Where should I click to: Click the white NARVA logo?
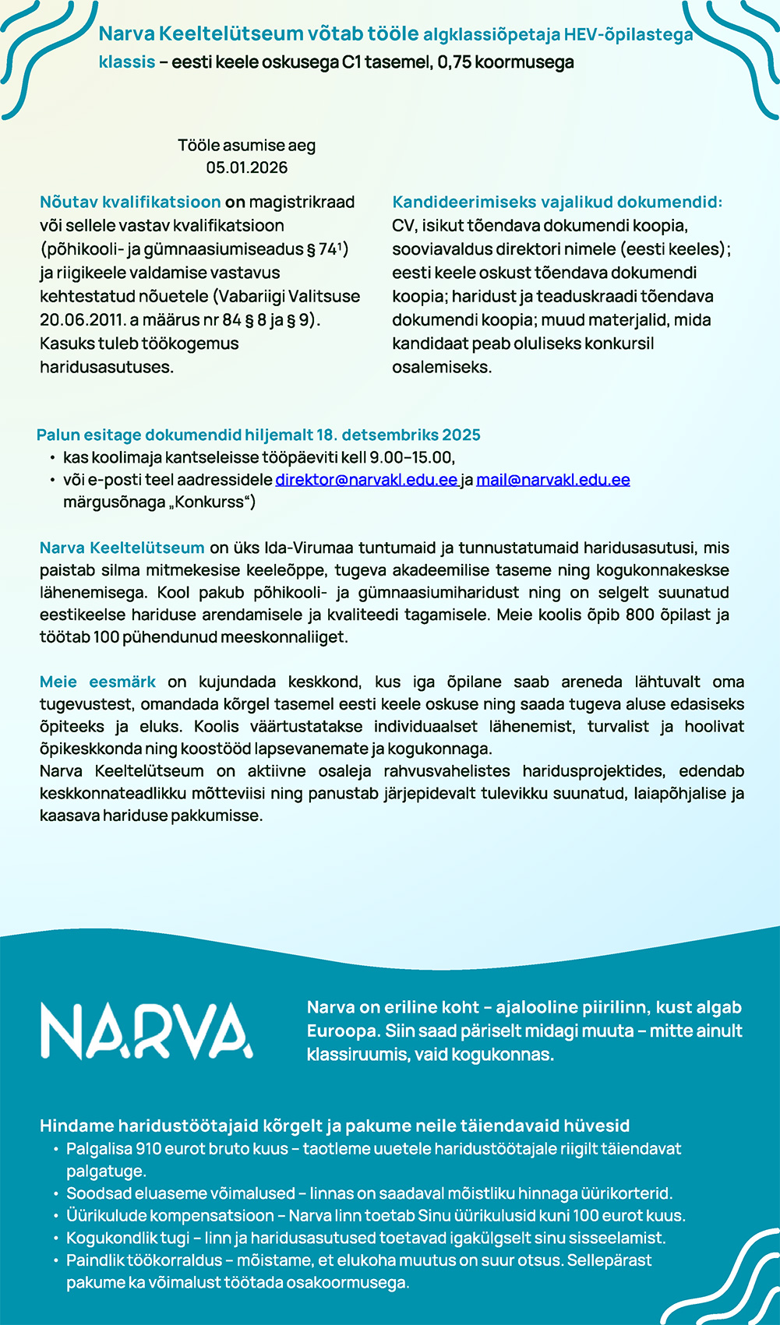146,1030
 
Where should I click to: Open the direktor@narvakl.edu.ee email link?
365,480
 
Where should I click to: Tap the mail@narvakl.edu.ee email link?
552,480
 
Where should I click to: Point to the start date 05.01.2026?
246,167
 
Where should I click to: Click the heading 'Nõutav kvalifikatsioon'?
130,202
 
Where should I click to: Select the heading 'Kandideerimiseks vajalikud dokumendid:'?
557,202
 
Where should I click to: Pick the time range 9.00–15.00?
411,457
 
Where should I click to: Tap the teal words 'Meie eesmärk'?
97,682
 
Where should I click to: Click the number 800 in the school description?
640,615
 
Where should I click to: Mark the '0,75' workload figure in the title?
454,62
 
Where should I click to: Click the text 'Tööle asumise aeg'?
246,146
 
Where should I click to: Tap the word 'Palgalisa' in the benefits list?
99,1148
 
